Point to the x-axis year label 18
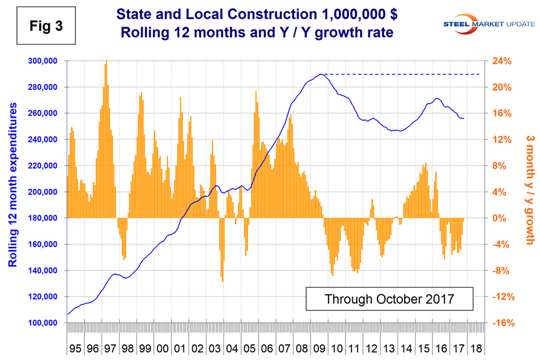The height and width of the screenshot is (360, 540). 477,349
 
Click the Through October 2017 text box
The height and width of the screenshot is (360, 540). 389,298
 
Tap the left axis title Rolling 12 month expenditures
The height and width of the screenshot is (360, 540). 12,192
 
